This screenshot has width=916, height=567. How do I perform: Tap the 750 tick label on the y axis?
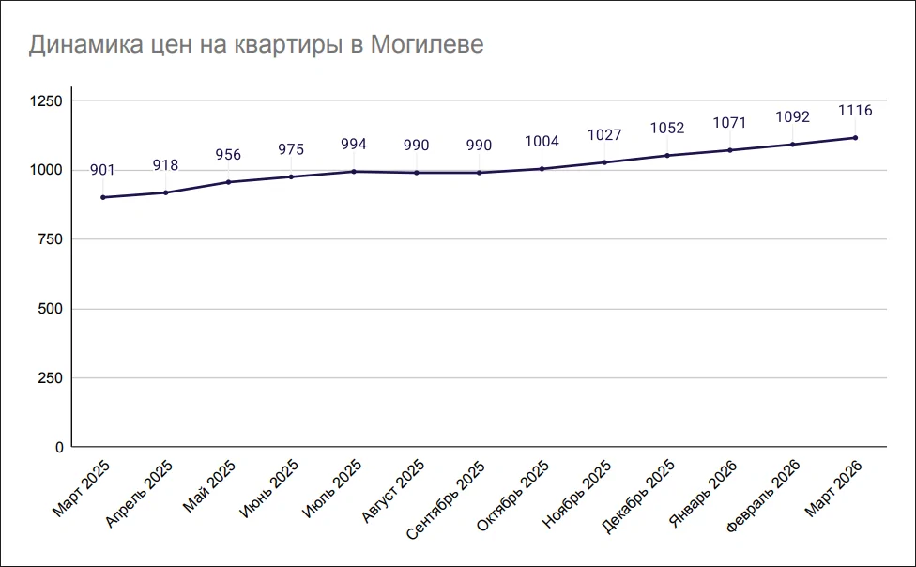[49, 239]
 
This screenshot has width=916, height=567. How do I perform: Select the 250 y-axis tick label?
[49, 378]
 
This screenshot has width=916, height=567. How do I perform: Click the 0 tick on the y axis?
[59, 448]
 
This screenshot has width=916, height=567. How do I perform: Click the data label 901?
[102, 170]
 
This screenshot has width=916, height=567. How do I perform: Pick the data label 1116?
[855, 111]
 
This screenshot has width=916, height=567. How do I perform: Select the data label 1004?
[542, 142]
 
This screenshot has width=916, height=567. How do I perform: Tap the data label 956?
[228, 155]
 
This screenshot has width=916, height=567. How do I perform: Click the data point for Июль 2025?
[354, 172]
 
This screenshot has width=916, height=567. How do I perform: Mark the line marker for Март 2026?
[855, 138]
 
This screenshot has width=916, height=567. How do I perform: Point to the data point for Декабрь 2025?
[667, 155]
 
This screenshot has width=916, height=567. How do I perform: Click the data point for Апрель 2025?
[165, 192]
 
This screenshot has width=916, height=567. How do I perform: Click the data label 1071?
[730, 123]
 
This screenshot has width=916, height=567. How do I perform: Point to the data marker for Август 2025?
[417, 173]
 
